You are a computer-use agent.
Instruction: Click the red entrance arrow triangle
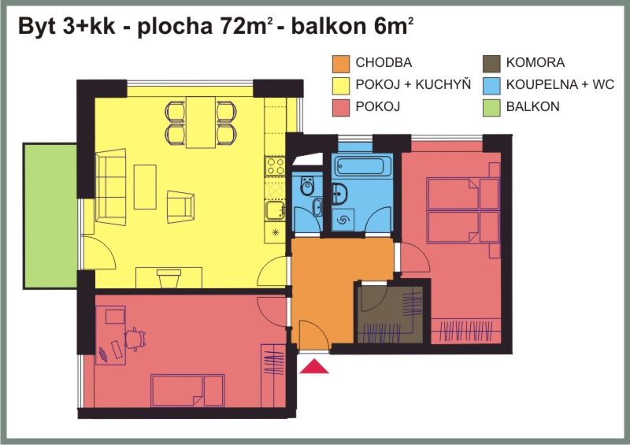tap(313, 367)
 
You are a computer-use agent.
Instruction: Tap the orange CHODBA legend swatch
tap(341, 64)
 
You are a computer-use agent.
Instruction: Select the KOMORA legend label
tap(535, 63)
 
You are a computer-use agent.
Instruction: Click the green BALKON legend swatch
tap(491, 108)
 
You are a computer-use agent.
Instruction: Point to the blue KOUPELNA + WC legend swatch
tap(491, 86)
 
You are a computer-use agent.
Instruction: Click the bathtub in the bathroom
tap(363, 165)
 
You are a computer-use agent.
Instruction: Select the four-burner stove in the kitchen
tap(275, 166)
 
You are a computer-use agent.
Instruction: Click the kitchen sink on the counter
tap(275, 210)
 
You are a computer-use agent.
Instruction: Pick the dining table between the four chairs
tap(201, 122)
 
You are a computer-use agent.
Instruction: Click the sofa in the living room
tap(111, 187)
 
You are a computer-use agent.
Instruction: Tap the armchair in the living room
tap(181, 206)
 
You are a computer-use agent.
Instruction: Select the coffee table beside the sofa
tap(145, 187)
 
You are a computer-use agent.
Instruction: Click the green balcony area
tap(50, 216)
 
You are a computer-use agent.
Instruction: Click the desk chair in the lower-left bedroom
tap(135, 339)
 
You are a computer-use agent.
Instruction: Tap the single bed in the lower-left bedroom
tap(187, 391)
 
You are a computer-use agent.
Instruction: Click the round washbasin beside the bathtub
tap(339, 194)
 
